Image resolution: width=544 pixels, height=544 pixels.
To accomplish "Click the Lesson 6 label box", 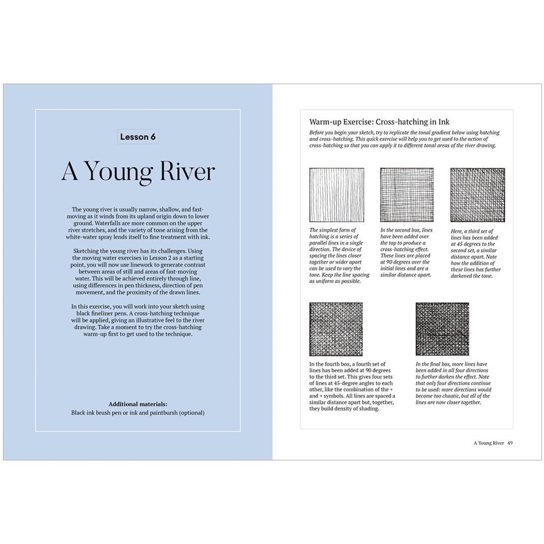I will [x=138, y=137].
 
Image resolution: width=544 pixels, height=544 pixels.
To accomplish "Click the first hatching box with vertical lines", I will [x=336, y=195].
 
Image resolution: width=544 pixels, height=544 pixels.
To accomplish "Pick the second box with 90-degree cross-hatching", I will [x=406, y=195].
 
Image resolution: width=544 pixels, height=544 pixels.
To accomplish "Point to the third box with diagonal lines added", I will [x=478, y=195].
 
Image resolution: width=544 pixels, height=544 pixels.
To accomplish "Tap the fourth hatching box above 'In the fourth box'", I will [x=336, y=329].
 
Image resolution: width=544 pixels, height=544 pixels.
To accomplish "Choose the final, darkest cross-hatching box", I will [x=442, y=329].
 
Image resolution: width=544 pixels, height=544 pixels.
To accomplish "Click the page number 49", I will [x=510, y=443].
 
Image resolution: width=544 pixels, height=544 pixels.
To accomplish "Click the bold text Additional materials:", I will [x=138, y=404].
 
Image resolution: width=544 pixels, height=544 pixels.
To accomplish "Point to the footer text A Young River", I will [x=489, y=443].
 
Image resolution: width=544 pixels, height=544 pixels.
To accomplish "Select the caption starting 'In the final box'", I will [x=453, y=383].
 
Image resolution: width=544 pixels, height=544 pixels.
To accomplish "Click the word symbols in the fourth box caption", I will [x=335, y=396].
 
